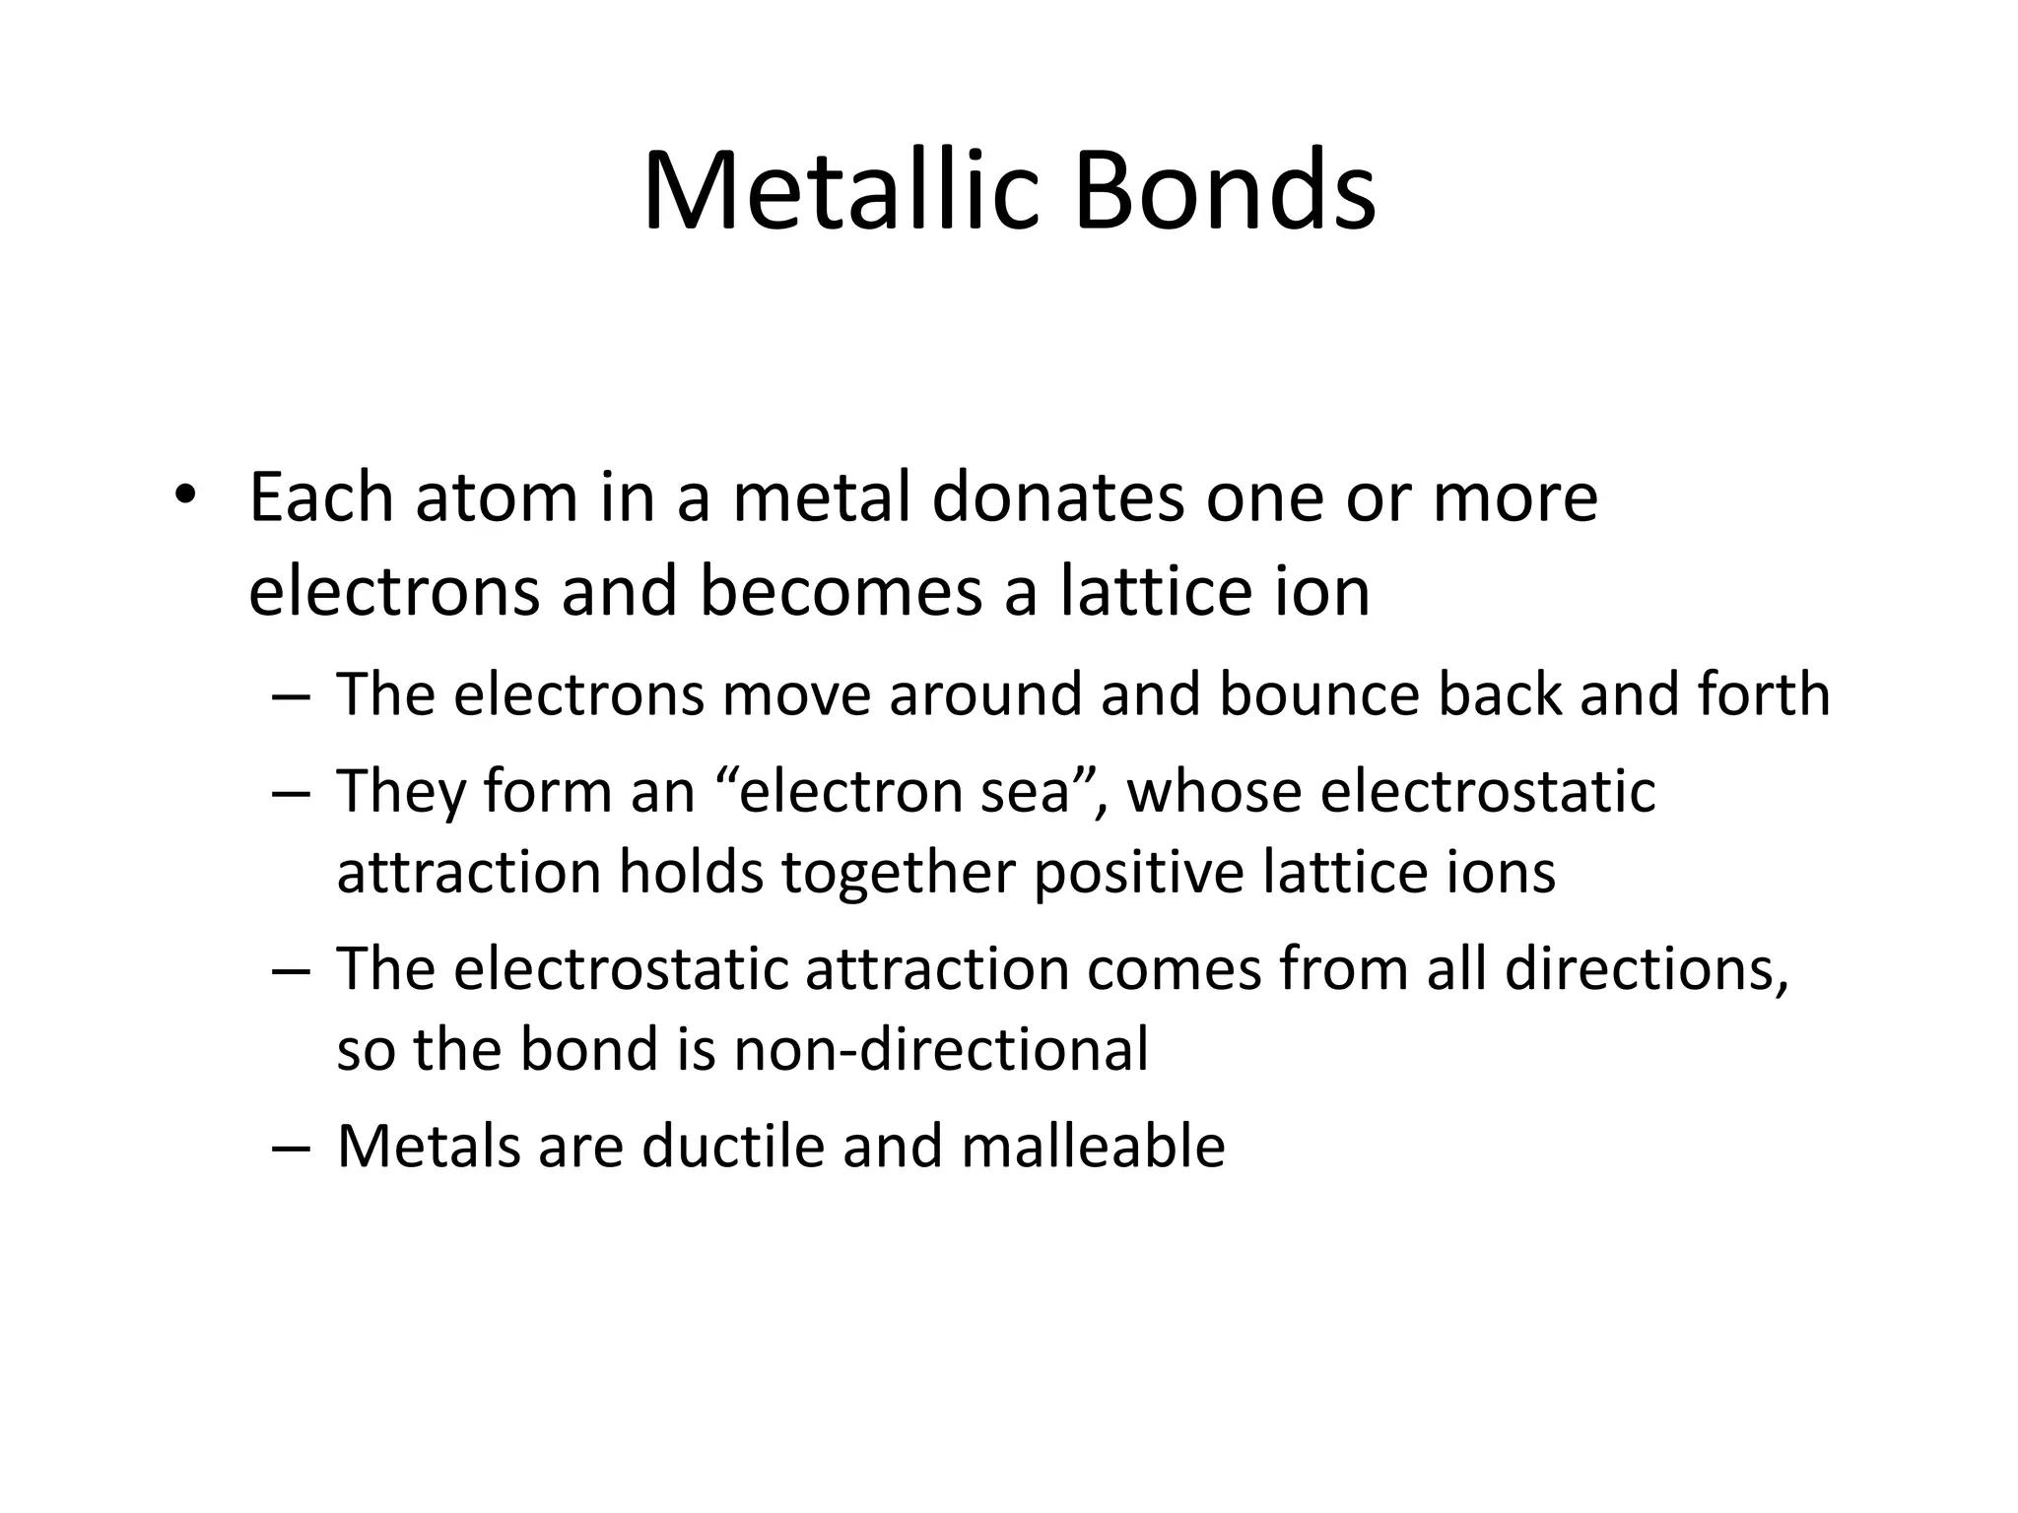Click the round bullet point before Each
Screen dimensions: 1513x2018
point(183,495)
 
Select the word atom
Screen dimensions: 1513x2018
point(496,497)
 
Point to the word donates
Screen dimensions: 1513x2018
point(1057,497)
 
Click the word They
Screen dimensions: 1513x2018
point(400,791)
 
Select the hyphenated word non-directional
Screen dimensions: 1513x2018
point(941,1048)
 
